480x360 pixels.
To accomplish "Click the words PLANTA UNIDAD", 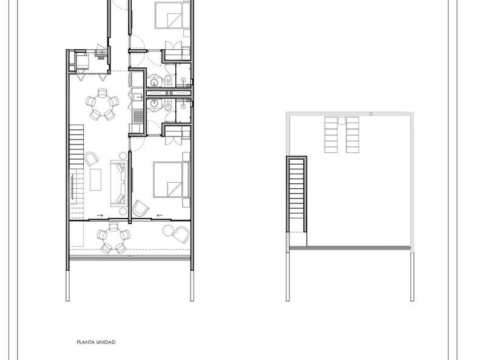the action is point(96,342).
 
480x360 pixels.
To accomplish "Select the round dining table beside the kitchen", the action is point(102,104).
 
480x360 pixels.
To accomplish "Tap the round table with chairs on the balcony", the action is point(114,238).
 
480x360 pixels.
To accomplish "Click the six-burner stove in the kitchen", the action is point(138,117).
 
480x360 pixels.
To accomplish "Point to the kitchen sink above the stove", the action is point(138,97).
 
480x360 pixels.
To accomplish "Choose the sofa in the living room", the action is point(118,183).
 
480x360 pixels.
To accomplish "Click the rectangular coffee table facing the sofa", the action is point(95,180).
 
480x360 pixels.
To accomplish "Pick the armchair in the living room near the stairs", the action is point(92,159).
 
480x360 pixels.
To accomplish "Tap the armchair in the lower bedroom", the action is point(140,208).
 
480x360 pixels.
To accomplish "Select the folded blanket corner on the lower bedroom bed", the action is point(174,189).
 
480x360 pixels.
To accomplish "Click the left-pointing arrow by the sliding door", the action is point(160,216).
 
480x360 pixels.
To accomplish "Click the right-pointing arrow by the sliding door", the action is point(100,216).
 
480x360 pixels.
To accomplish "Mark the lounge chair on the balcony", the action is point(182,235).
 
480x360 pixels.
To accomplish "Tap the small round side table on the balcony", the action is point(168,231).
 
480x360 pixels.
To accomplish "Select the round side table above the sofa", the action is point(123,155).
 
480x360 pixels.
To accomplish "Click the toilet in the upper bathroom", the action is point(168,80).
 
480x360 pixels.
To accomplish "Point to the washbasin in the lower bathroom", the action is point(154,104).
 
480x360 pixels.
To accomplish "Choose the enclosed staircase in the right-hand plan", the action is point(296,194).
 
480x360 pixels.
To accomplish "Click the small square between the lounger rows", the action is point(342,120).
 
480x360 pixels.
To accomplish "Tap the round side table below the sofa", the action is point(123,211).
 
